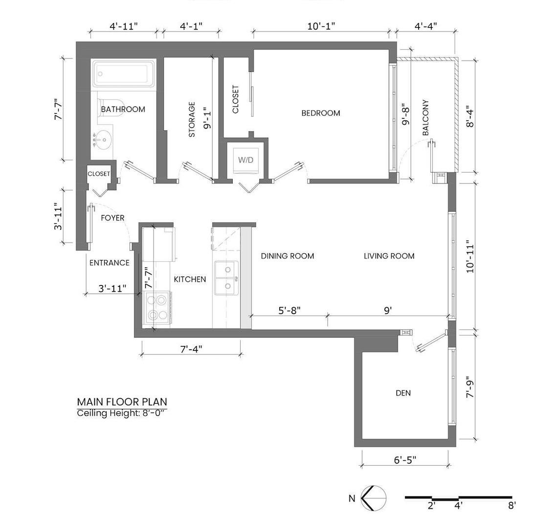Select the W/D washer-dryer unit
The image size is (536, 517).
tap(246, 160)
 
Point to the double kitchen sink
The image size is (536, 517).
tap(226, 278)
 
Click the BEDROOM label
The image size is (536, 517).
tap(321, 113)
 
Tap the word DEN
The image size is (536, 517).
tap(403, 393)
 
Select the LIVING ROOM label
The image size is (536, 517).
tap(389, 256)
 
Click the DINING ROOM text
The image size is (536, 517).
tap(288, 256)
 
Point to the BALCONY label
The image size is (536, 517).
tap(425, 117)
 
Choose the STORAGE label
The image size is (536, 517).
tap(192, 120)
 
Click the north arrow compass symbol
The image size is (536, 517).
tap(374, 498)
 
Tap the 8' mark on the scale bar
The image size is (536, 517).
tap(512, 505)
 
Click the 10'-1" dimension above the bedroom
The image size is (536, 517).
tap(321, 26)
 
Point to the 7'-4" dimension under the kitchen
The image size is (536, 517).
tap(191, 349)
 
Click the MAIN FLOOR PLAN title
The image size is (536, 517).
tap(122, 402)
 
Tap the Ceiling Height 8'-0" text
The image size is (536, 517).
tap(121, 413)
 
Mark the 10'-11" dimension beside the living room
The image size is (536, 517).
tap(470, 256)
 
